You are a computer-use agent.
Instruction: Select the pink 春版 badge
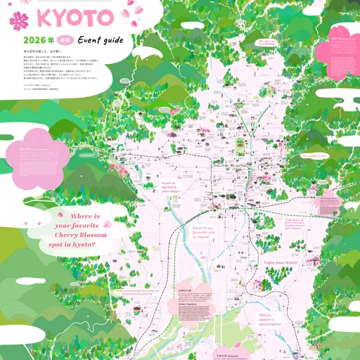click(x=65, y=41)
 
